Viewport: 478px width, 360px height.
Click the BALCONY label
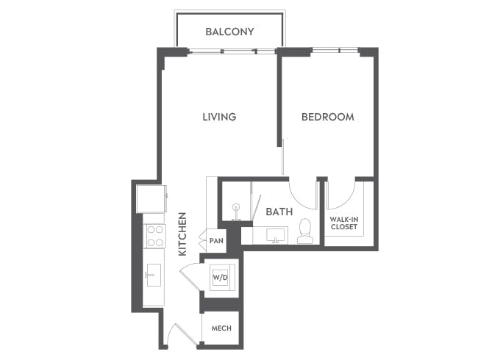coord(229,32)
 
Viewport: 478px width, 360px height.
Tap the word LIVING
coord(219,117)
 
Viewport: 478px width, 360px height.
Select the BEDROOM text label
coord(328,117)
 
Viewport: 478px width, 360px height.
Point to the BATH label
coord(279,212)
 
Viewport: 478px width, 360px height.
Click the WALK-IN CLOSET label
coord(343,223)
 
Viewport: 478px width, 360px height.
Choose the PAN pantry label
coord(216,240)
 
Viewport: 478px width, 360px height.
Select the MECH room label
coord(221,328)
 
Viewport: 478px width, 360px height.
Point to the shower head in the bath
coord(235,210)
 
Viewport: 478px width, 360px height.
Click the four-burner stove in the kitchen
coord(155,237)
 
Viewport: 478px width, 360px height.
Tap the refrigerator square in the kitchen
coord(151,198)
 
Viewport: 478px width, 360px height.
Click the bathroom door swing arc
coord(302,192)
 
